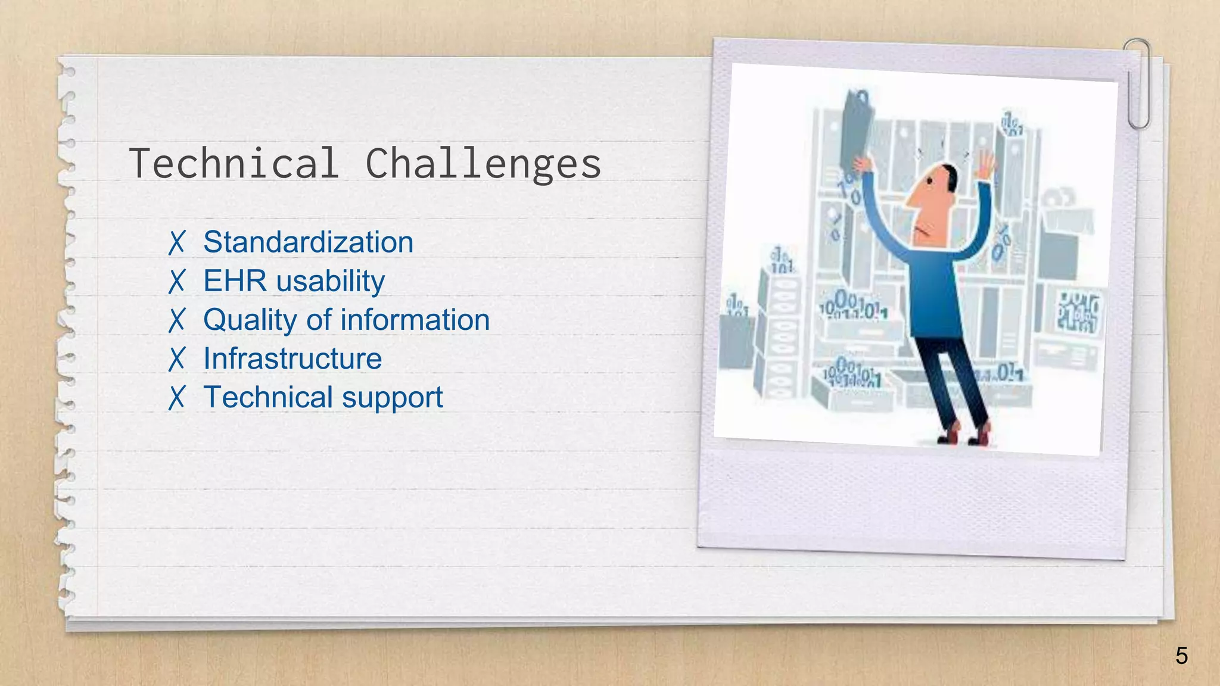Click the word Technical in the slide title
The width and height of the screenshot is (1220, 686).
point(234,163)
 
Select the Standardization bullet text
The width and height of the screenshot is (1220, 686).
point(308,242)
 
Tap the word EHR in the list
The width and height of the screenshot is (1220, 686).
point(235,281)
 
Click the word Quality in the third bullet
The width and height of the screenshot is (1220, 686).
point(250,320)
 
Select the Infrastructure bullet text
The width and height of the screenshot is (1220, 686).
point(292,358)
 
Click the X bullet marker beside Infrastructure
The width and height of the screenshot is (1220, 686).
point(177,359)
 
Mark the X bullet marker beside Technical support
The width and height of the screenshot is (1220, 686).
point(177,398)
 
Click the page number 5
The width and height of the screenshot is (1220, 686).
point(1181,656)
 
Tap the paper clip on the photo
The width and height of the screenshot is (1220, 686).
point(1138,83)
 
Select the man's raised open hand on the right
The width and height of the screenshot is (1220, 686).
point(986,164)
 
